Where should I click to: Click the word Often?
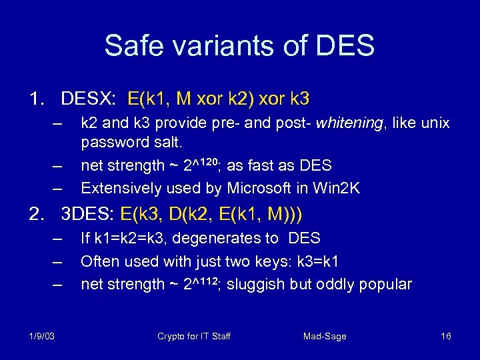(99, 261)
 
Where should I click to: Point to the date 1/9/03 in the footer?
(41, 336)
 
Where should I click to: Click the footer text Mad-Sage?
(325, 336)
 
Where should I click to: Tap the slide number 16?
(446, 336)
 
